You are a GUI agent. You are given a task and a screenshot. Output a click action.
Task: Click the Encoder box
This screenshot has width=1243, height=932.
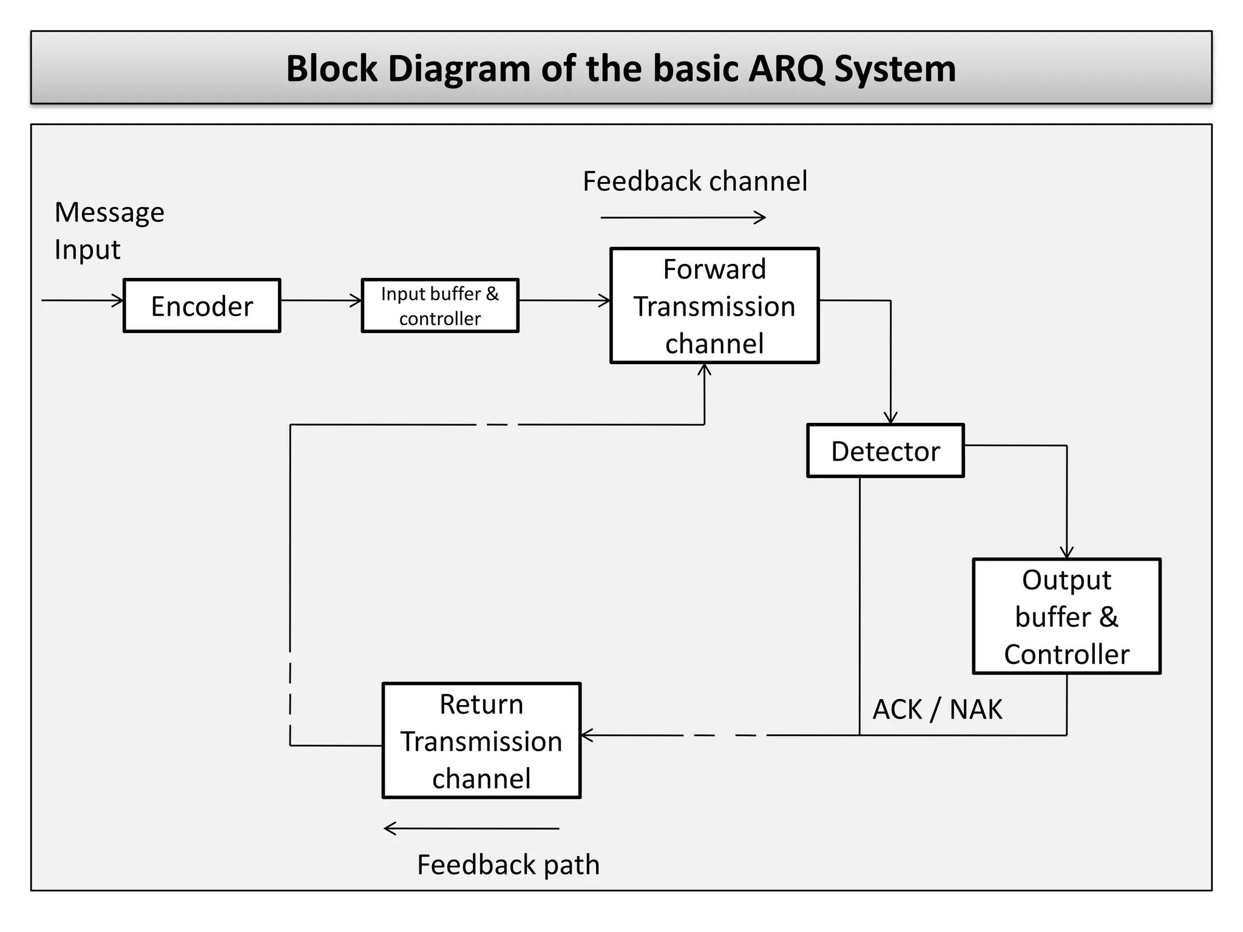(202, 306)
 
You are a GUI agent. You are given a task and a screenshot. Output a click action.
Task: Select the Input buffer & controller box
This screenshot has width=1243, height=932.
(440, 306)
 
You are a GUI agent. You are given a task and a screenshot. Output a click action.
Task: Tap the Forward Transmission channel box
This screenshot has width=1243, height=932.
(714, 306)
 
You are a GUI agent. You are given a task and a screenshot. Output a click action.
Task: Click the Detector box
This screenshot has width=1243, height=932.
(885, 451)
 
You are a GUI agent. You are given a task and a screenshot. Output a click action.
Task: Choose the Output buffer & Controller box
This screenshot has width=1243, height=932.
(1066, 616)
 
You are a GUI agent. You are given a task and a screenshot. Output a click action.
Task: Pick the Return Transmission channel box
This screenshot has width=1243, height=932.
(481, 741)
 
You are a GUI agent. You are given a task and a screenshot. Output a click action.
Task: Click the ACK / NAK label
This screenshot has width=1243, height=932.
(937, 709)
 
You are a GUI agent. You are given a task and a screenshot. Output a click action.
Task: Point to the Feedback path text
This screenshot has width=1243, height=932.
(508, 865)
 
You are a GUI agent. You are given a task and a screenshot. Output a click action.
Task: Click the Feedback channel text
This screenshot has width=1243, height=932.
(695, 181)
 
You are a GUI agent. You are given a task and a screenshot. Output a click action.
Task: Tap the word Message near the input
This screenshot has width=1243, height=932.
(109, 212)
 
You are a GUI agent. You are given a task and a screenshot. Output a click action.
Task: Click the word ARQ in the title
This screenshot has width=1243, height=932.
(787, 69)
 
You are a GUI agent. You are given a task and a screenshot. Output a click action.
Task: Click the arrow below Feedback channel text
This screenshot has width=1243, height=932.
(683, 217)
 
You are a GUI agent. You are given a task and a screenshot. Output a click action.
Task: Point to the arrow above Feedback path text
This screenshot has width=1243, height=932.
(472, 828)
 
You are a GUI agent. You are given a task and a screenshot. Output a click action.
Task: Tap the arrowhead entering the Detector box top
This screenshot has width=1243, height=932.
(890, 418)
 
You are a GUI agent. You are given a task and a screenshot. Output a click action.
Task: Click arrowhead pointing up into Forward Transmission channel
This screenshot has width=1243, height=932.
(704, 369)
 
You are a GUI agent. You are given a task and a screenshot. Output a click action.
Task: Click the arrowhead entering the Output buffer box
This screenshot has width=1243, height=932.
(1066, 553)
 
